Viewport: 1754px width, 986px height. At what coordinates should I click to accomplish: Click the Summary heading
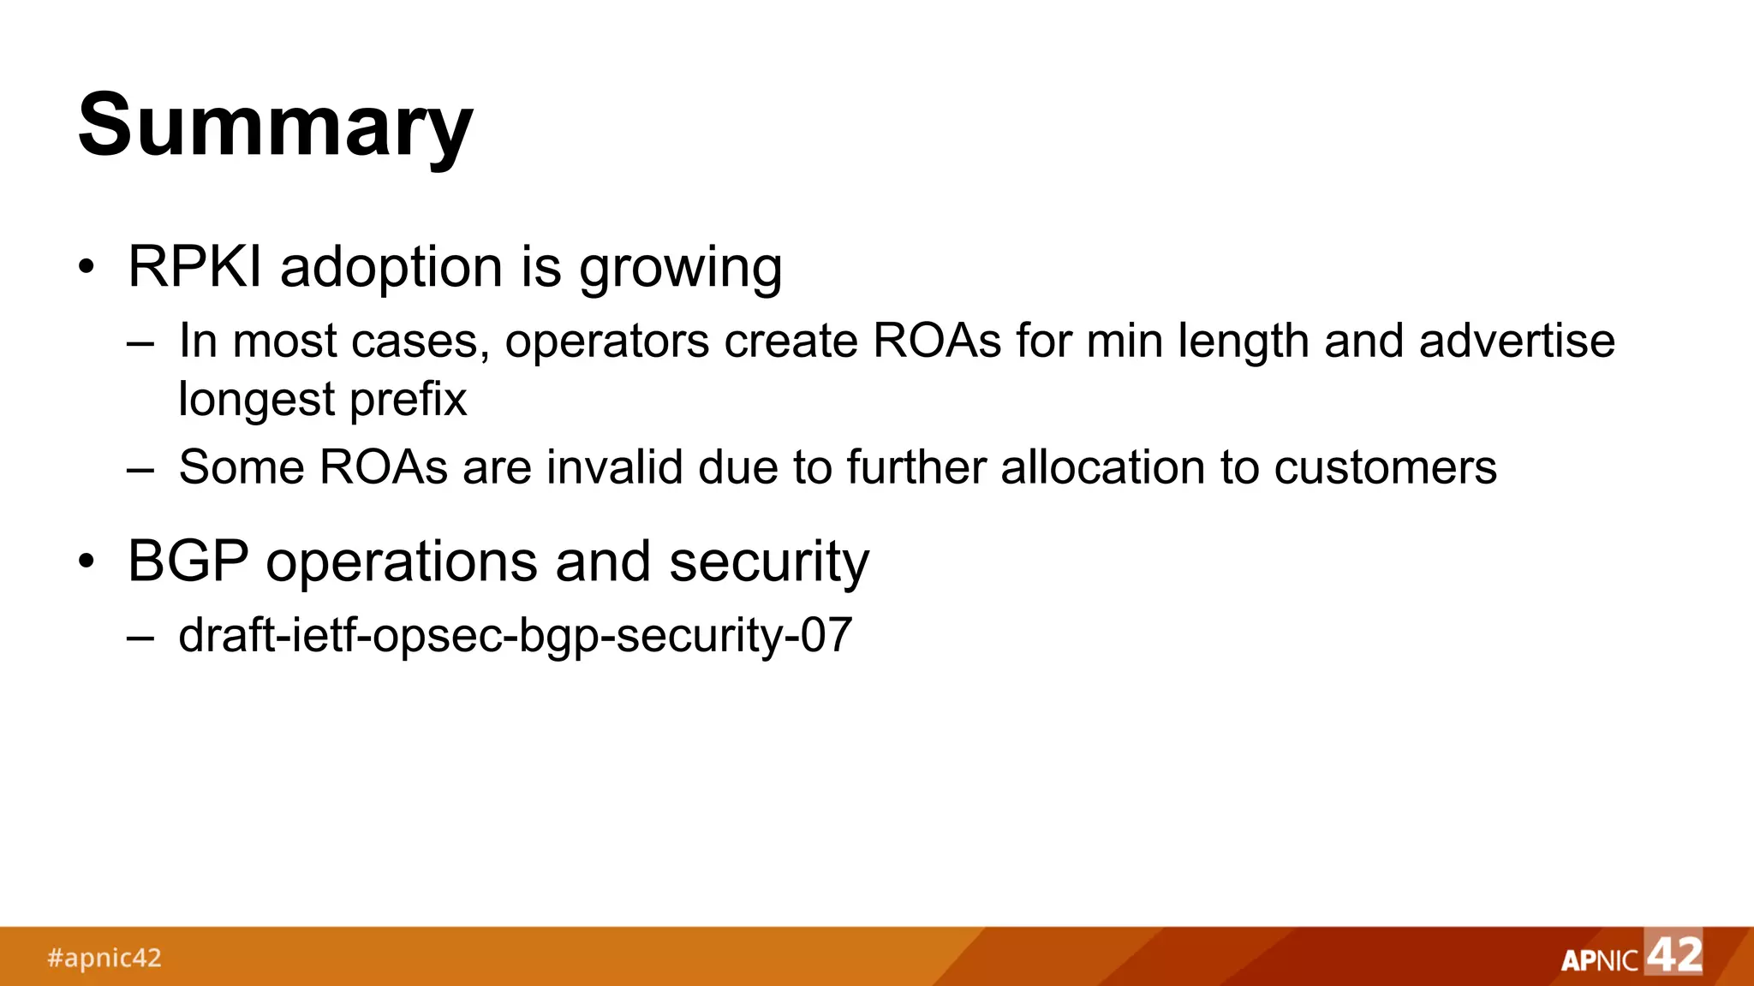(x=275, y=126)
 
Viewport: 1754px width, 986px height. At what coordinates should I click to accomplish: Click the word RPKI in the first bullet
(x=194, y=266)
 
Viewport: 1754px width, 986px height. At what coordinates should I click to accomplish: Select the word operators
(x=606, y=342)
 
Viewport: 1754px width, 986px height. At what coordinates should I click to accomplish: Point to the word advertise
(x=1517, y=341)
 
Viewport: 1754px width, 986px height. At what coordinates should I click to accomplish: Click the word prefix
(x=408, y=400)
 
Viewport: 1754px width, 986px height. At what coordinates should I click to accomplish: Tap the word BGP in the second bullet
(x=188, y=561)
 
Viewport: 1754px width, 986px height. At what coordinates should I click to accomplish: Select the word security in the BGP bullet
(x=768, y=562)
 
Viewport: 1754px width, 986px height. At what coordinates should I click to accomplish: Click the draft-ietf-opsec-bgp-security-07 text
(x=515, y=635)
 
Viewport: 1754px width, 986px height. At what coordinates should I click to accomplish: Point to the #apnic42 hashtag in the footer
(x=104, y=957)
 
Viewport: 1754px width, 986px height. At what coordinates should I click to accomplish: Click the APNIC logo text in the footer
(x=1599, y=960)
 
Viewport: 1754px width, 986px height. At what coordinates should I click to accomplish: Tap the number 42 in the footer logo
(x=1674, y=953)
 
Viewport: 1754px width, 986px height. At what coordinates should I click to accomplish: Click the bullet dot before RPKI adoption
(x=86, y=267)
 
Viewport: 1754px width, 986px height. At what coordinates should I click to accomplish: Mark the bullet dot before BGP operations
(x=86, y=562)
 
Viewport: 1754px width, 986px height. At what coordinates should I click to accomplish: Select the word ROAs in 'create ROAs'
(x=937, y=342)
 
